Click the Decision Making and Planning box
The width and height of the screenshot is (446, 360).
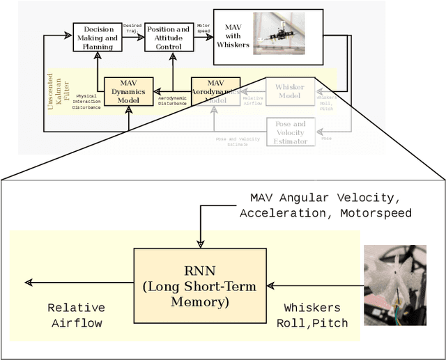pyautogui.click(x=98, y=37)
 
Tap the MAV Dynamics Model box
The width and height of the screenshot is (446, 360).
pyautogui.click(x=128, y=91)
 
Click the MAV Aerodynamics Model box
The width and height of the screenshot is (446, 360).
pyautogui.click(x=215, y=91)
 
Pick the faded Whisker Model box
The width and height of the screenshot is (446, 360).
pyautogui.click(x=289, y=91)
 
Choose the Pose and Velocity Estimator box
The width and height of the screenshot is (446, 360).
pyautogui.click(x=290, y=132)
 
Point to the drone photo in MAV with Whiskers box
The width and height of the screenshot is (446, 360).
pyautogui.click(x=278, y=36)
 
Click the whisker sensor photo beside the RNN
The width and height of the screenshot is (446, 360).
pyautogui.click(x=394, y=285)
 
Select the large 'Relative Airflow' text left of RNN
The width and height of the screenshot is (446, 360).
pyautogui.click(x=75, y=315)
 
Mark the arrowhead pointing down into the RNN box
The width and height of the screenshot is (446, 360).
pyautogui.click(x=200, y=243)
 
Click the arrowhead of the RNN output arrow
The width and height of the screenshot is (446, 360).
pyautogui.click(x=29, y=283)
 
